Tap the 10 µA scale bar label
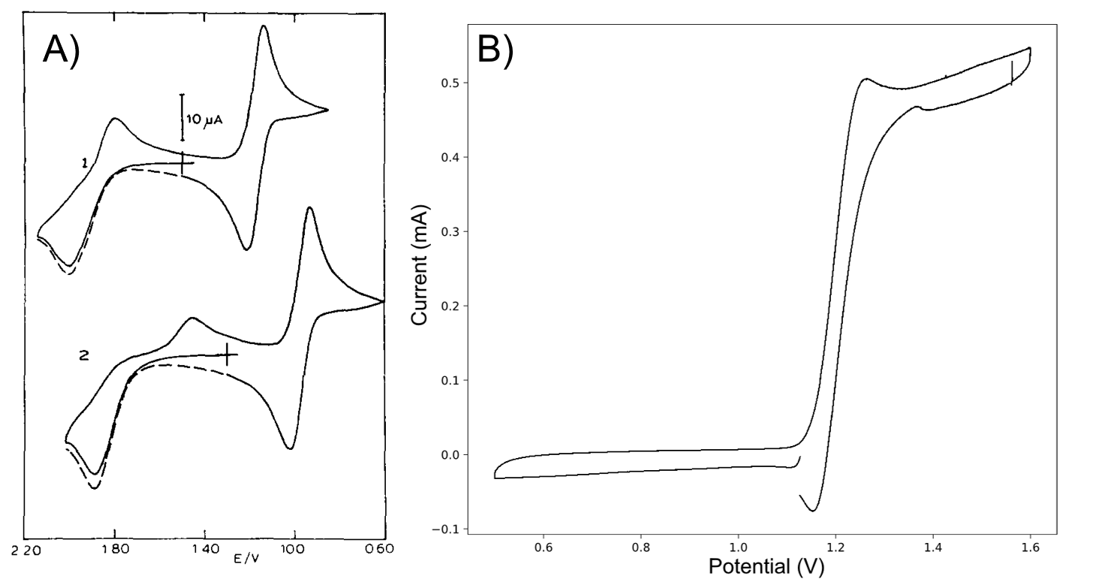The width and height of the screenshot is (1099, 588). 204,119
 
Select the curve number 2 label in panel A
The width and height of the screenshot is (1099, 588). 84,356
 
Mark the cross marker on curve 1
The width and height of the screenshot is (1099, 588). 182,161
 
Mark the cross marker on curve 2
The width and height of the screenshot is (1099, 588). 227,355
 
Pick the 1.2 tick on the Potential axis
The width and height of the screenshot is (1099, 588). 836,546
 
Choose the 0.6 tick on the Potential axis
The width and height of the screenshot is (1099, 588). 543,546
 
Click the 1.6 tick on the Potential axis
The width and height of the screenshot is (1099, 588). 1031,546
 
